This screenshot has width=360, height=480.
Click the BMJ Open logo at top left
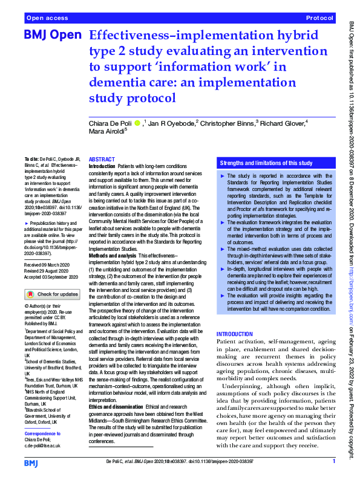point(52,35)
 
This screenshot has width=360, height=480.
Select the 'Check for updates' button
point(51,294)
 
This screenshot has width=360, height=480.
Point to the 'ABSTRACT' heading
point(102,159)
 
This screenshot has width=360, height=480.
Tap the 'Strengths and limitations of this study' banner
point(266,163)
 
